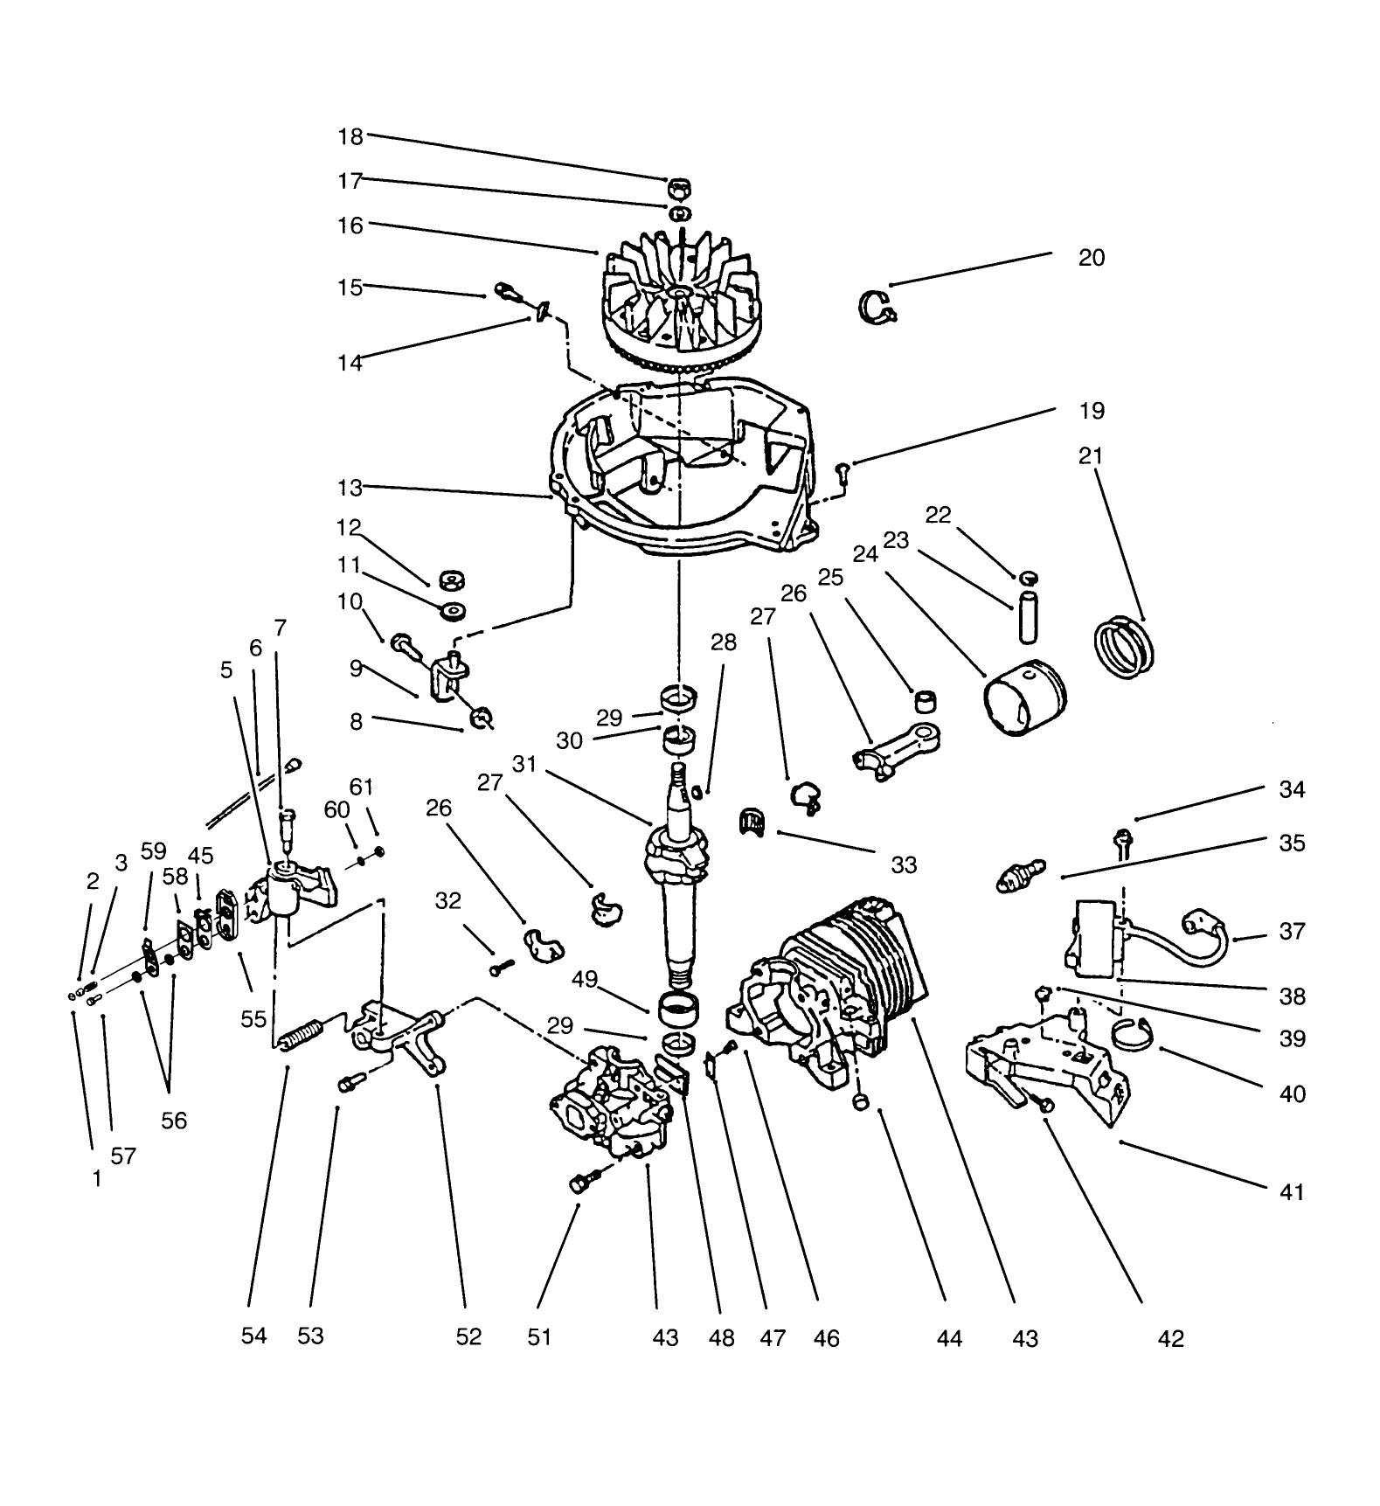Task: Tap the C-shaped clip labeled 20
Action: [x=875, y=307]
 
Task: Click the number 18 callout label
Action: [x=350, y=136]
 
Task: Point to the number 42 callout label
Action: [x=1170, y=1338]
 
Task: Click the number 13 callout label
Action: [x=350, y=488]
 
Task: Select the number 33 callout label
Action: [x=904, y=864]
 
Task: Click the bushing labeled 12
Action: [x=453, y=580]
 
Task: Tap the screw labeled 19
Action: [x=843, y=473]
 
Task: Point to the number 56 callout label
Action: [x=174, y=1120]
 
